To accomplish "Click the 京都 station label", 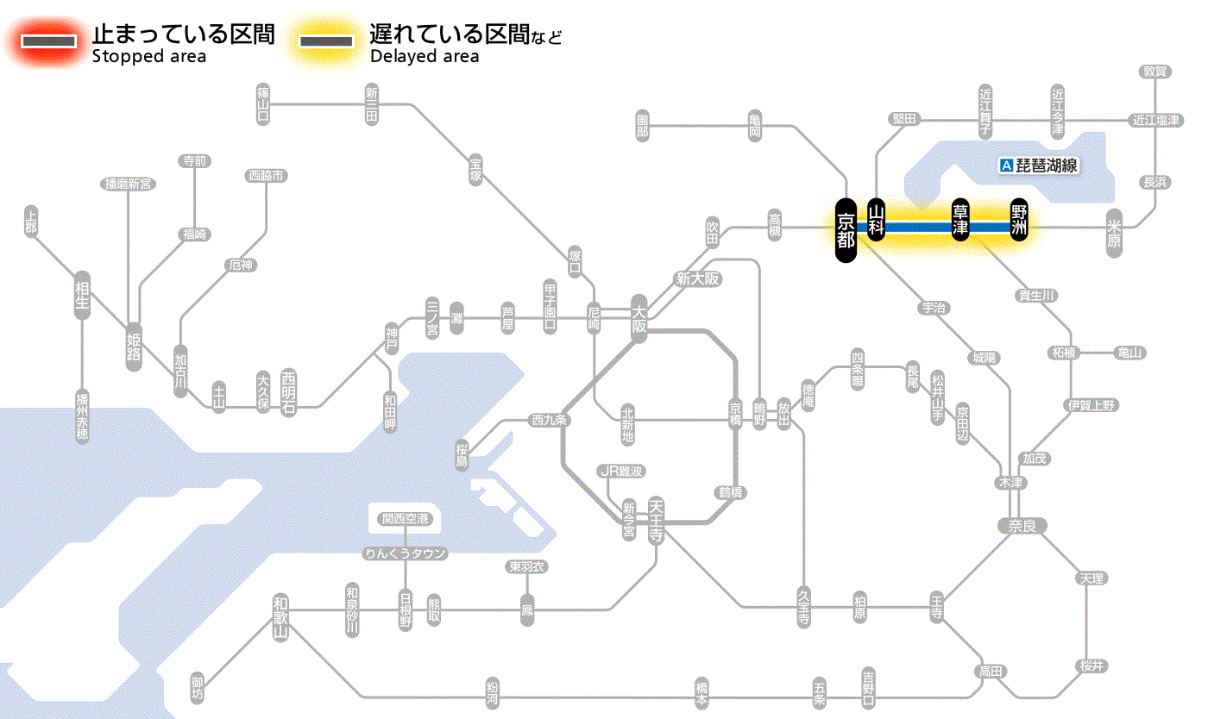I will [846, 229].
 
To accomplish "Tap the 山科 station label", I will [877, 221].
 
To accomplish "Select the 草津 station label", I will [960, 221].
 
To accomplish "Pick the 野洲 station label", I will [1020, 221].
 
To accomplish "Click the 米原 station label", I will [1115, 232].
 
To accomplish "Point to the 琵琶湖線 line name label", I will [1047, 166].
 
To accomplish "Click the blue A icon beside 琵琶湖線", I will [1005, 166].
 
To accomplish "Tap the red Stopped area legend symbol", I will [49, 41].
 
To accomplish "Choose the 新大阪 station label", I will [697, 279].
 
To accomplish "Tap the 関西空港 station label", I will [406, 519].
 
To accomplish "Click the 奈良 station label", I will [1021, 525].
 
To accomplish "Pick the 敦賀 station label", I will [1155, 72].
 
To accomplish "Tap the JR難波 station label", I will [621, 471].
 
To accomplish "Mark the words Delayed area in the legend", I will [424, 57].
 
